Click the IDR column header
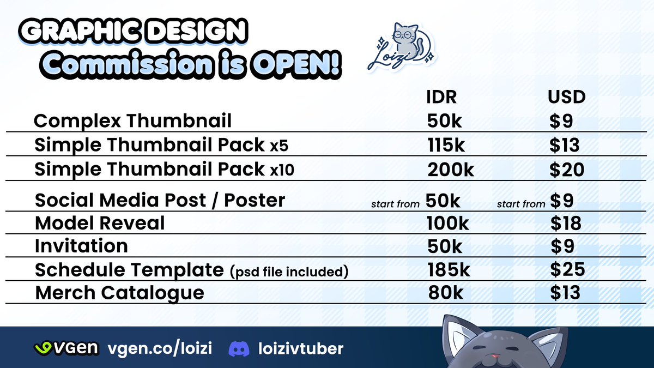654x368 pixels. [x=441, y=97]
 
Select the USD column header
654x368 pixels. [x=567, y=97]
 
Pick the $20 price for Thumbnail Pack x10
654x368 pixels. [x=567, y=170]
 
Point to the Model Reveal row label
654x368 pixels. [x=100, y=223]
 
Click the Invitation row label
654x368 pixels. [x=81, y=246]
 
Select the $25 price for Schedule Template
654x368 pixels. [x=567, y=269]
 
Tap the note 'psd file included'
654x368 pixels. [x=289, y=270]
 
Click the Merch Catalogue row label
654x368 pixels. [x=119, y=293]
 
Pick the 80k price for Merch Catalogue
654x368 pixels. [x=445, y=293]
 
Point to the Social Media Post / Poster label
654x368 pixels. [x=160, y=200]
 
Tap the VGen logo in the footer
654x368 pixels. [x=66, y=348]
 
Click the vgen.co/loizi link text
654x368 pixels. [x=160, y=348]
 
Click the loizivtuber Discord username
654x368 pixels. [x=301, y=348]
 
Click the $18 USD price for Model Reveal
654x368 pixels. [x=566, y=223]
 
